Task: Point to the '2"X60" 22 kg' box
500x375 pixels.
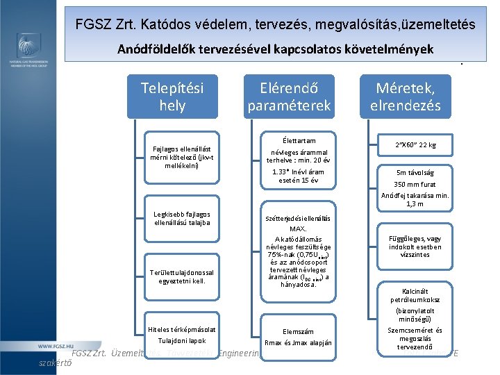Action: tap(415, 144)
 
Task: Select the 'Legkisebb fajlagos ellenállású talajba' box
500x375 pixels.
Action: tap(181, 218)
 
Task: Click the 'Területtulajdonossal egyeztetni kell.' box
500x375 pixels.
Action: tap(181, 276)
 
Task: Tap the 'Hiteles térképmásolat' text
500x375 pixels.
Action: tap(181, 328)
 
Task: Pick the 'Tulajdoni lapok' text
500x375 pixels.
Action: tap(181, 340)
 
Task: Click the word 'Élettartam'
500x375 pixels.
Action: tap(299, 140)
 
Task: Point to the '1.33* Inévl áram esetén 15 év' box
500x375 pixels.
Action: tap(298, 175)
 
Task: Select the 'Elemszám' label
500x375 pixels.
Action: tap(298, 331)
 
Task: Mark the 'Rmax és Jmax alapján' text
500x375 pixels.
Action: tap(298, 343)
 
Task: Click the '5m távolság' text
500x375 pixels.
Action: tap(415, 172)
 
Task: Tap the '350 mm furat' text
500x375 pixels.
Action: tap(415, 184)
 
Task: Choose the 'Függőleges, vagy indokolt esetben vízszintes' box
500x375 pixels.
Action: tap(415, 246)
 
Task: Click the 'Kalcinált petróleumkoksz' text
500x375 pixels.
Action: tap(415, 296)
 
